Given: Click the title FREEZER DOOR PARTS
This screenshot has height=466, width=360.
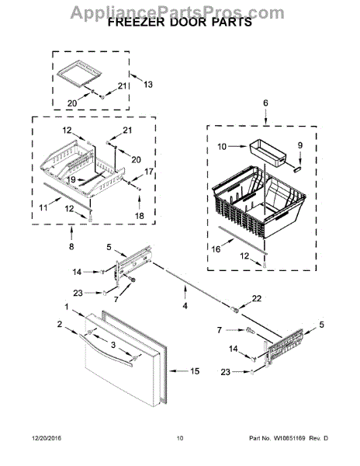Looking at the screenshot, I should pyautogui.click(x=179, y=23).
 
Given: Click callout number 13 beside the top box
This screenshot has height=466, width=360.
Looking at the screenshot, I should pyautogui.click(x=148, y=84).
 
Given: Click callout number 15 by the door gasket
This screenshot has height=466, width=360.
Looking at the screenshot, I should pyautogui.click(x=195, y=372).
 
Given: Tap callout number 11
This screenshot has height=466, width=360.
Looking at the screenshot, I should pyautogui.click(x=43, y=208).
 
